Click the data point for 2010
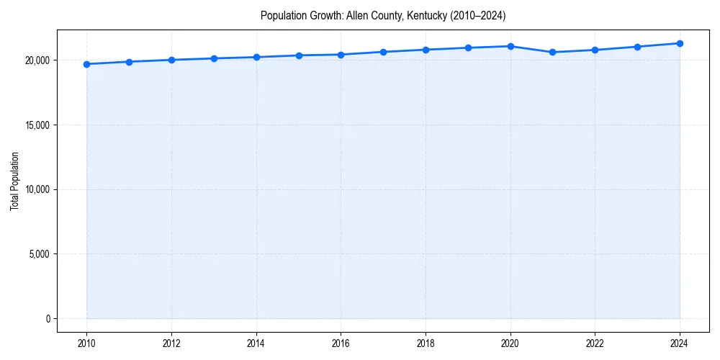86,64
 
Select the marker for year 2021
552,52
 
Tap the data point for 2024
680,43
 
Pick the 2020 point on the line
510,46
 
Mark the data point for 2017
383,52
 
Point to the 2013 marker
214,58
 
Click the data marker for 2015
299,55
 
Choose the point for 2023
637,47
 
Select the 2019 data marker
468,48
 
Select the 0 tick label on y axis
48,319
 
